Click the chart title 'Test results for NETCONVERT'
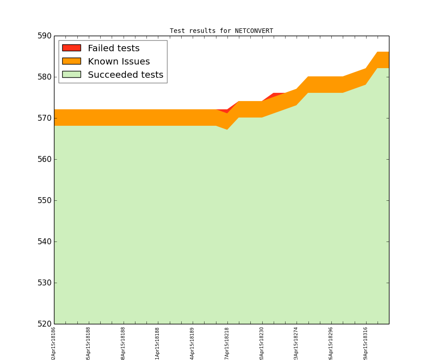click(x=221, y=31)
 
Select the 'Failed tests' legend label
click(x=113, y=48)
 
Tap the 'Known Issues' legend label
click(x=119, y=62)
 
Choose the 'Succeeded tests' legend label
click(x=125, y=75)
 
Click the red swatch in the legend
click(x=71, y=48)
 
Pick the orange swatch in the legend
click(x=71, y=61)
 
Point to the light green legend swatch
click(x=71, y=75)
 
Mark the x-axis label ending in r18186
click(x=54, y=343)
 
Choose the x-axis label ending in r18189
click(x=193, y=343)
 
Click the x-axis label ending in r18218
click(x=227, y=343)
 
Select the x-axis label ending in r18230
click(x=262, y=343)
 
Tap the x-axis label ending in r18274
click(x=297, y=343)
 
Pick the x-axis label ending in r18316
click(x=366, y=343)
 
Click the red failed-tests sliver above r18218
click(x=224, y=111)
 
